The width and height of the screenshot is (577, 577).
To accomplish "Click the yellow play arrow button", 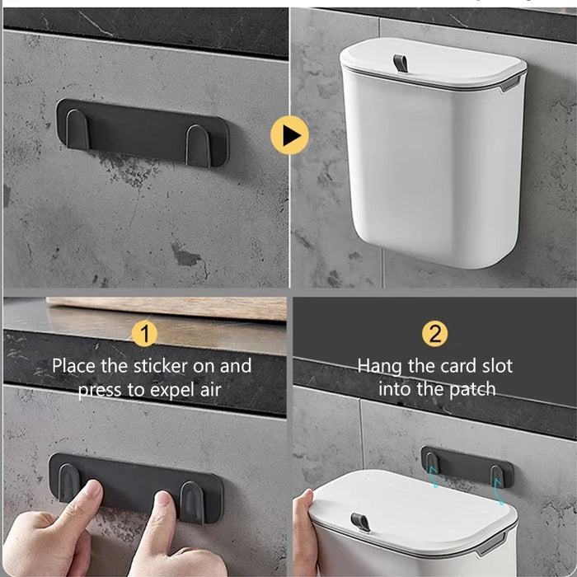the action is [289, 135].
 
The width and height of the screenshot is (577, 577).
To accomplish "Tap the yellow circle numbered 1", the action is [144, 334].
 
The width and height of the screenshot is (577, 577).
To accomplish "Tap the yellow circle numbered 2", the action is [434, 334].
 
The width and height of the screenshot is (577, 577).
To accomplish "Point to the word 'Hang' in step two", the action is [380, 367].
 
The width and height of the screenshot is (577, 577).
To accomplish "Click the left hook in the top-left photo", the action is [77, 129].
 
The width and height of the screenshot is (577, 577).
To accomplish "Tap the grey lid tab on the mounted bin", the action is [401, 63].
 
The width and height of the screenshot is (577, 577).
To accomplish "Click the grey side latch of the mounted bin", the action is [510, 85].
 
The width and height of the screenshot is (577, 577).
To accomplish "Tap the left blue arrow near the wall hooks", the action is [434, 477].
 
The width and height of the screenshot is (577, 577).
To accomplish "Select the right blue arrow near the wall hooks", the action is [500, 491].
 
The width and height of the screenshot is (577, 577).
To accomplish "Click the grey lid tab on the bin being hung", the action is [361, 522].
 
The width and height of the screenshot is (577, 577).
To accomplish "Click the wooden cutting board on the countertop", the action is [167, 307].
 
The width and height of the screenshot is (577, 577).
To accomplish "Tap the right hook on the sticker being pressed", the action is [192, 503].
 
